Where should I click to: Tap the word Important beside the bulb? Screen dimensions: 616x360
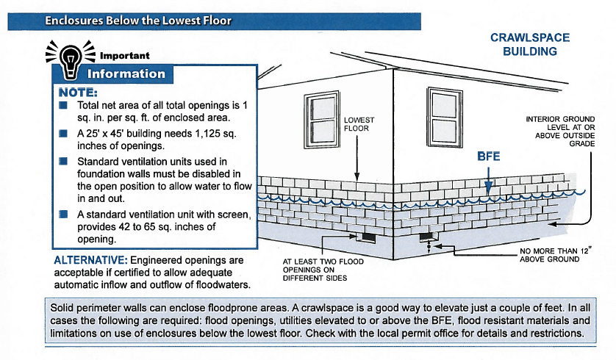(x=124, y=56)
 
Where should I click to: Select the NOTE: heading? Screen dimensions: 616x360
(x=78, y=93)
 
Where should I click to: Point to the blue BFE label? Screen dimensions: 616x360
(x=488, y=156)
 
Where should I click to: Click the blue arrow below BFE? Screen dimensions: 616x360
(x=488, y=181)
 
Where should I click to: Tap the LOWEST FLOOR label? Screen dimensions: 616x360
(x=359, y=124)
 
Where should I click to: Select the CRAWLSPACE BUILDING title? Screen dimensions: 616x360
(x=530, y=44)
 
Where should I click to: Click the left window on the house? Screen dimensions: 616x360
(x=322, y=119)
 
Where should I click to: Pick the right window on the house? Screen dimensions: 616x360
(x=445, y=118)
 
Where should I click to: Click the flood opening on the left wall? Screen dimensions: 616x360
(x=368, y=238)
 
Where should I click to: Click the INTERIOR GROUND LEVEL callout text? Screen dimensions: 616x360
(x=560, y=131)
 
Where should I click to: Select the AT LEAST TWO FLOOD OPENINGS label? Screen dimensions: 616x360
(x=323, y=270)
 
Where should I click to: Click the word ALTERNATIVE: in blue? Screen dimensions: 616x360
(x=90, y=260)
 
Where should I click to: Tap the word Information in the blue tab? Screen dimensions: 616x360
(x=126, y=73)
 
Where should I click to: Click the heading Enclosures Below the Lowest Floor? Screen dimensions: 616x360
(x=138, y=21)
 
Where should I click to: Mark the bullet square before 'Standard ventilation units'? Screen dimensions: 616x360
(x=63, y=162)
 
